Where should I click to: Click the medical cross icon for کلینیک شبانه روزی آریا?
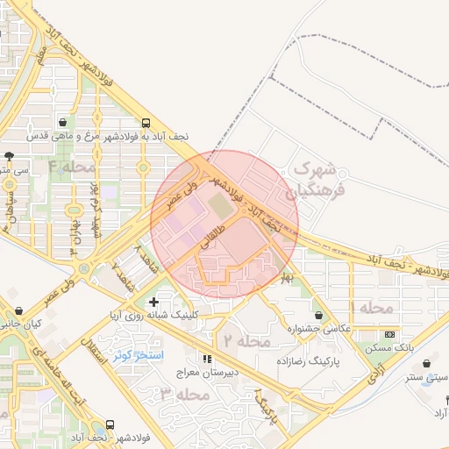pos(154,303)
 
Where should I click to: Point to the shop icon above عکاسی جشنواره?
pos(318,315)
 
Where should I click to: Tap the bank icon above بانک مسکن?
pos(389,334)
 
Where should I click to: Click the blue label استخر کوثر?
pos(134,356)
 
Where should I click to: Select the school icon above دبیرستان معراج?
pos(208,359)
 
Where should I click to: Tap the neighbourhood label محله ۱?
pos(374,308)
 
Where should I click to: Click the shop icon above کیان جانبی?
pos(18,310)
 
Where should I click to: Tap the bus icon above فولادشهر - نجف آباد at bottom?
pos(110,424)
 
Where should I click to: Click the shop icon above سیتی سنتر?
pos(426,363)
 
